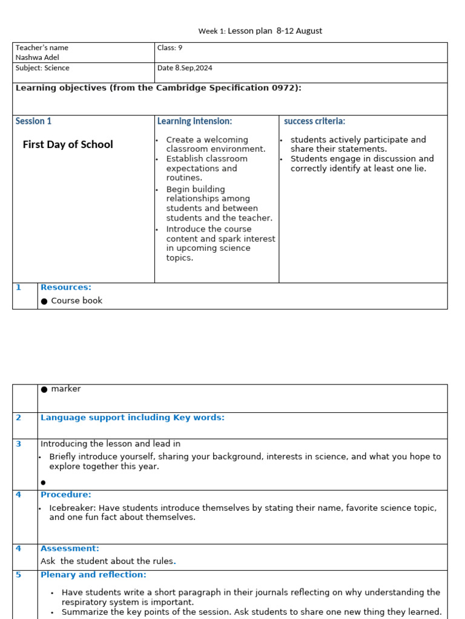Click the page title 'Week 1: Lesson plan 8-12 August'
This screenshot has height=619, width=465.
(260, 31)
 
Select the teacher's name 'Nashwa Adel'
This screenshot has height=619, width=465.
(38, 57)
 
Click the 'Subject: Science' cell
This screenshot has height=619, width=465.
(42, 68)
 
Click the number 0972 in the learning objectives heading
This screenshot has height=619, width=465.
(286, 88)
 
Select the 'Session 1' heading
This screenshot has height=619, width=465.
(33, 122)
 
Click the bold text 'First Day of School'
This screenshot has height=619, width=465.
(68, 144)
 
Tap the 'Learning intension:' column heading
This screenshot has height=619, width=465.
(194, 122)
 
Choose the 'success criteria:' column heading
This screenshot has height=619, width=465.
(314, 122)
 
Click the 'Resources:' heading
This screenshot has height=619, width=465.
(66, 288)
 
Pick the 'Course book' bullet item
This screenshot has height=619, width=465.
(77, 300)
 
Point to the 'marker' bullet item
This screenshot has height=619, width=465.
(65, 389)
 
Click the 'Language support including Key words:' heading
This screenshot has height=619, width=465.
(132, 418)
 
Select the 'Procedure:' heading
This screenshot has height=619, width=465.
(66, 494)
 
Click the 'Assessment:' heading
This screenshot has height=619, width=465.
(70, 549)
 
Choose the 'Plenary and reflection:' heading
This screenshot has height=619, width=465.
(93, 575)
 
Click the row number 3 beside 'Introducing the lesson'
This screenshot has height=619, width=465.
(19, 444)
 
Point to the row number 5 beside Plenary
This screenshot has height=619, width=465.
(19, 575)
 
